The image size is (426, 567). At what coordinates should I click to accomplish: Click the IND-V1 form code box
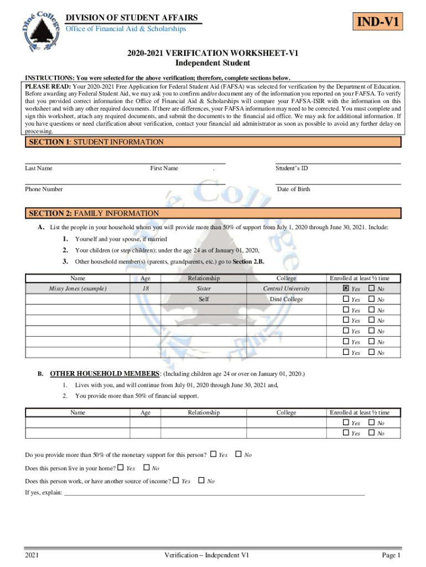point(379,23)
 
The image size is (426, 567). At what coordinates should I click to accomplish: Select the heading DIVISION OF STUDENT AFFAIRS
point(132,18)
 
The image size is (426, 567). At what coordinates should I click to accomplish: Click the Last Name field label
point(39,168)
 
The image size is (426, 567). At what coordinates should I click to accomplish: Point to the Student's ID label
point(292,168)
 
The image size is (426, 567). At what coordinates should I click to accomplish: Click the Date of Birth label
point(293,189)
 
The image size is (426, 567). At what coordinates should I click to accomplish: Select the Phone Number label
point(44,189)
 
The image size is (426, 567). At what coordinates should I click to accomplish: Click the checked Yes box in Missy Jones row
point(346,288)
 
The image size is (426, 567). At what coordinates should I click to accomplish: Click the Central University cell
point(286,288)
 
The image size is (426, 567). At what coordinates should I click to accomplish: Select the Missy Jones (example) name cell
point(77,288)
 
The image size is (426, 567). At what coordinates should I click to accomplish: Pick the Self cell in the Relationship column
point(204,300)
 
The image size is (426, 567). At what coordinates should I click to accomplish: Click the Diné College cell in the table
point(286,300)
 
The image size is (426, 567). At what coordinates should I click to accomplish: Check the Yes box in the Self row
point(346,300)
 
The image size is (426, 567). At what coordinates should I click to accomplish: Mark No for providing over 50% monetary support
point(238,455)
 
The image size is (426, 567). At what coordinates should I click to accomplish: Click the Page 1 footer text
point(391,555)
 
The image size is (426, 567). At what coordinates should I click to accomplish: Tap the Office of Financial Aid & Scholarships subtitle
point(126,29)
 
